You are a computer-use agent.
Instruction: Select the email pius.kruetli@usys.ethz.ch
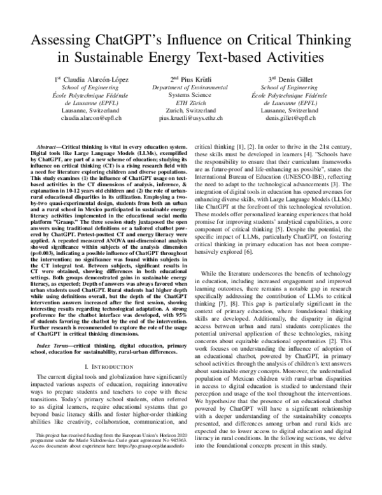coord(191,118)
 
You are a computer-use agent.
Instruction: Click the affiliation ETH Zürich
coord(191,102)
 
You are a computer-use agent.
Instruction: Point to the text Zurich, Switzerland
coord(191,110)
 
